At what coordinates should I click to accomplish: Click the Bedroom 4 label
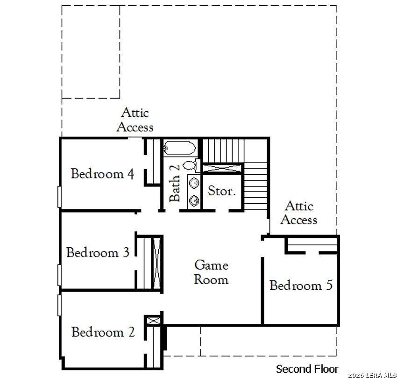tap(103, 174)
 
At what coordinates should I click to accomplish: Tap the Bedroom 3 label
tap(98, 253)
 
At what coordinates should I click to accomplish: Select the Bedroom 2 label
tap(103, 332)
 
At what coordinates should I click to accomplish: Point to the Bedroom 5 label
tap(301, 285)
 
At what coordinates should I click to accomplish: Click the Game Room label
tap(212, 272)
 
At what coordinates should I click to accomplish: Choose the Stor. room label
tap(222, 191)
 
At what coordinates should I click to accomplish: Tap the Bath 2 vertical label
tap(174, 182)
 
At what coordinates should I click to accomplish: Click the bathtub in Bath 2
tap(179, 149)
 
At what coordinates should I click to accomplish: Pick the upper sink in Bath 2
tap(194, 182)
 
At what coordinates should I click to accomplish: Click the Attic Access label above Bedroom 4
tap(135, 120)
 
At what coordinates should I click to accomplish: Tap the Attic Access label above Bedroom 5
tap(299, 213)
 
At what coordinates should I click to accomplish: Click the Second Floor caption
tap(307, 369)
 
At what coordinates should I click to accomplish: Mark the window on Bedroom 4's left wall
tap(59, 197)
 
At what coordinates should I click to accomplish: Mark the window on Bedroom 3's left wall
tap(59, 275)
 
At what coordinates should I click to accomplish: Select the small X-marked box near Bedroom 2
tap(153, 321)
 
